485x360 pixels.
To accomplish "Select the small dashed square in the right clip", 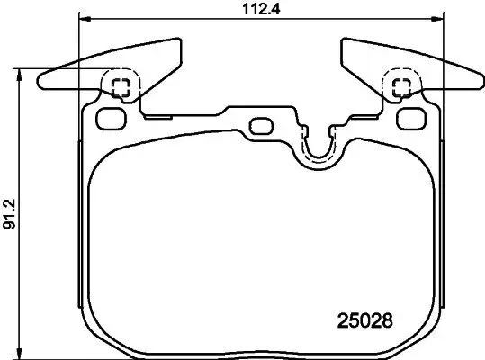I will point(402,86).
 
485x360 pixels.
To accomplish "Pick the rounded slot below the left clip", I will point(112,117).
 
